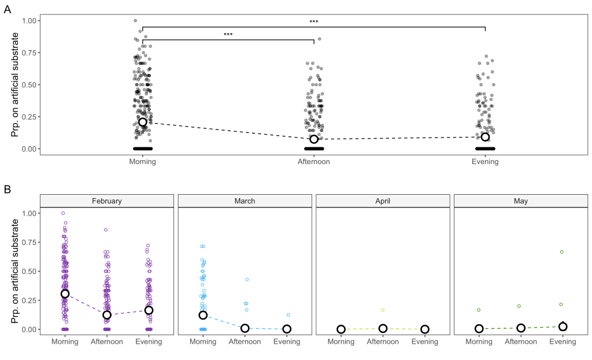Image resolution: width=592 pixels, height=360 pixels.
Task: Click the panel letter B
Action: tap(8, 189)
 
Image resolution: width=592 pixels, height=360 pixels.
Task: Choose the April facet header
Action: tap(383, 201)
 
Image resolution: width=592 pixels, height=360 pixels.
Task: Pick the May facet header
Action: tap(521, 201)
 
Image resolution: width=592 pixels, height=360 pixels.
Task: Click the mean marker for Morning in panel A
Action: tap(143, 122)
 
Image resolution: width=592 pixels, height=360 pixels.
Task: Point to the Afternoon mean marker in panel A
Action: tap(314, 139)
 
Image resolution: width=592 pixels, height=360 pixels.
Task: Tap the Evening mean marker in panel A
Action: tap(485, 137)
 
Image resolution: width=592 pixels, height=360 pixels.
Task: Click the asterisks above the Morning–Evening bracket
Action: tap(314, 22)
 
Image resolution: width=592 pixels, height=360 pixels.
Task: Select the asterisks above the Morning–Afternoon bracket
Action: tap(228, 35)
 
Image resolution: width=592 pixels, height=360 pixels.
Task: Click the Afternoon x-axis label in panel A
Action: tap(314, 162)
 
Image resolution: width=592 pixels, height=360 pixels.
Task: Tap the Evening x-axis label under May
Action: tap(563, 342)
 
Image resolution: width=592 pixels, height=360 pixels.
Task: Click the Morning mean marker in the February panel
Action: tap(65, 294)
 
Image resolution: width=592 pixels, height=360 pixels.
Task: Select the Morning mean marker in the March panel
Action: tap(203, 315)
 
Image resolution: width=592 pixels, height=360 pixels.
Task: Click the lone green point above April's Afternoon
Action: tap(383, 310)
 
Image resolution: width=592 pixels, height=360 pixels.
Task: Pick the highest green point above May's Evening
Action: tap(561, 252)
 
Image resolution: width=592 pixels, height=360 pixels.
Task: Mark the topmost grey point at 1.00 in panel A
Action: tap(135, 21)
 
